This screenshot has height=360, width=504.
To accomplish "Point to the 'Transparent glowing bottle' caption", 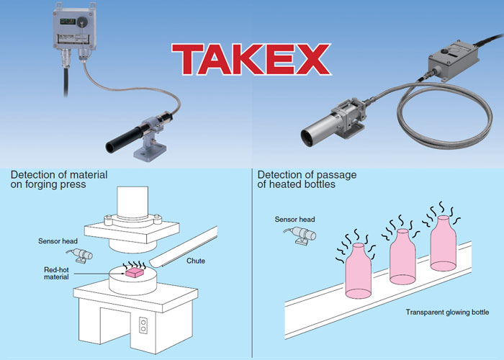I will click(446, 312).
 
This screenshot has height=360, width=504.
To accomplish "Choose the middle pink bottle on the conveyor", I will click(402, 258).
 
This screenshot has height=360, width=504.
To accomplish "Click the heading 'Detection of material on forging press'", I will click(59, 180).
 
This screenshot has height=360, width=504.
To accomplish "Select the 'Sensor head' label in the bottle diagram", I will click(294, 220).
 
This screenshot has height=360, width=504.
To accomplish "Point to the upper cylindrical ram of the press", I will click(135, 202).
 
